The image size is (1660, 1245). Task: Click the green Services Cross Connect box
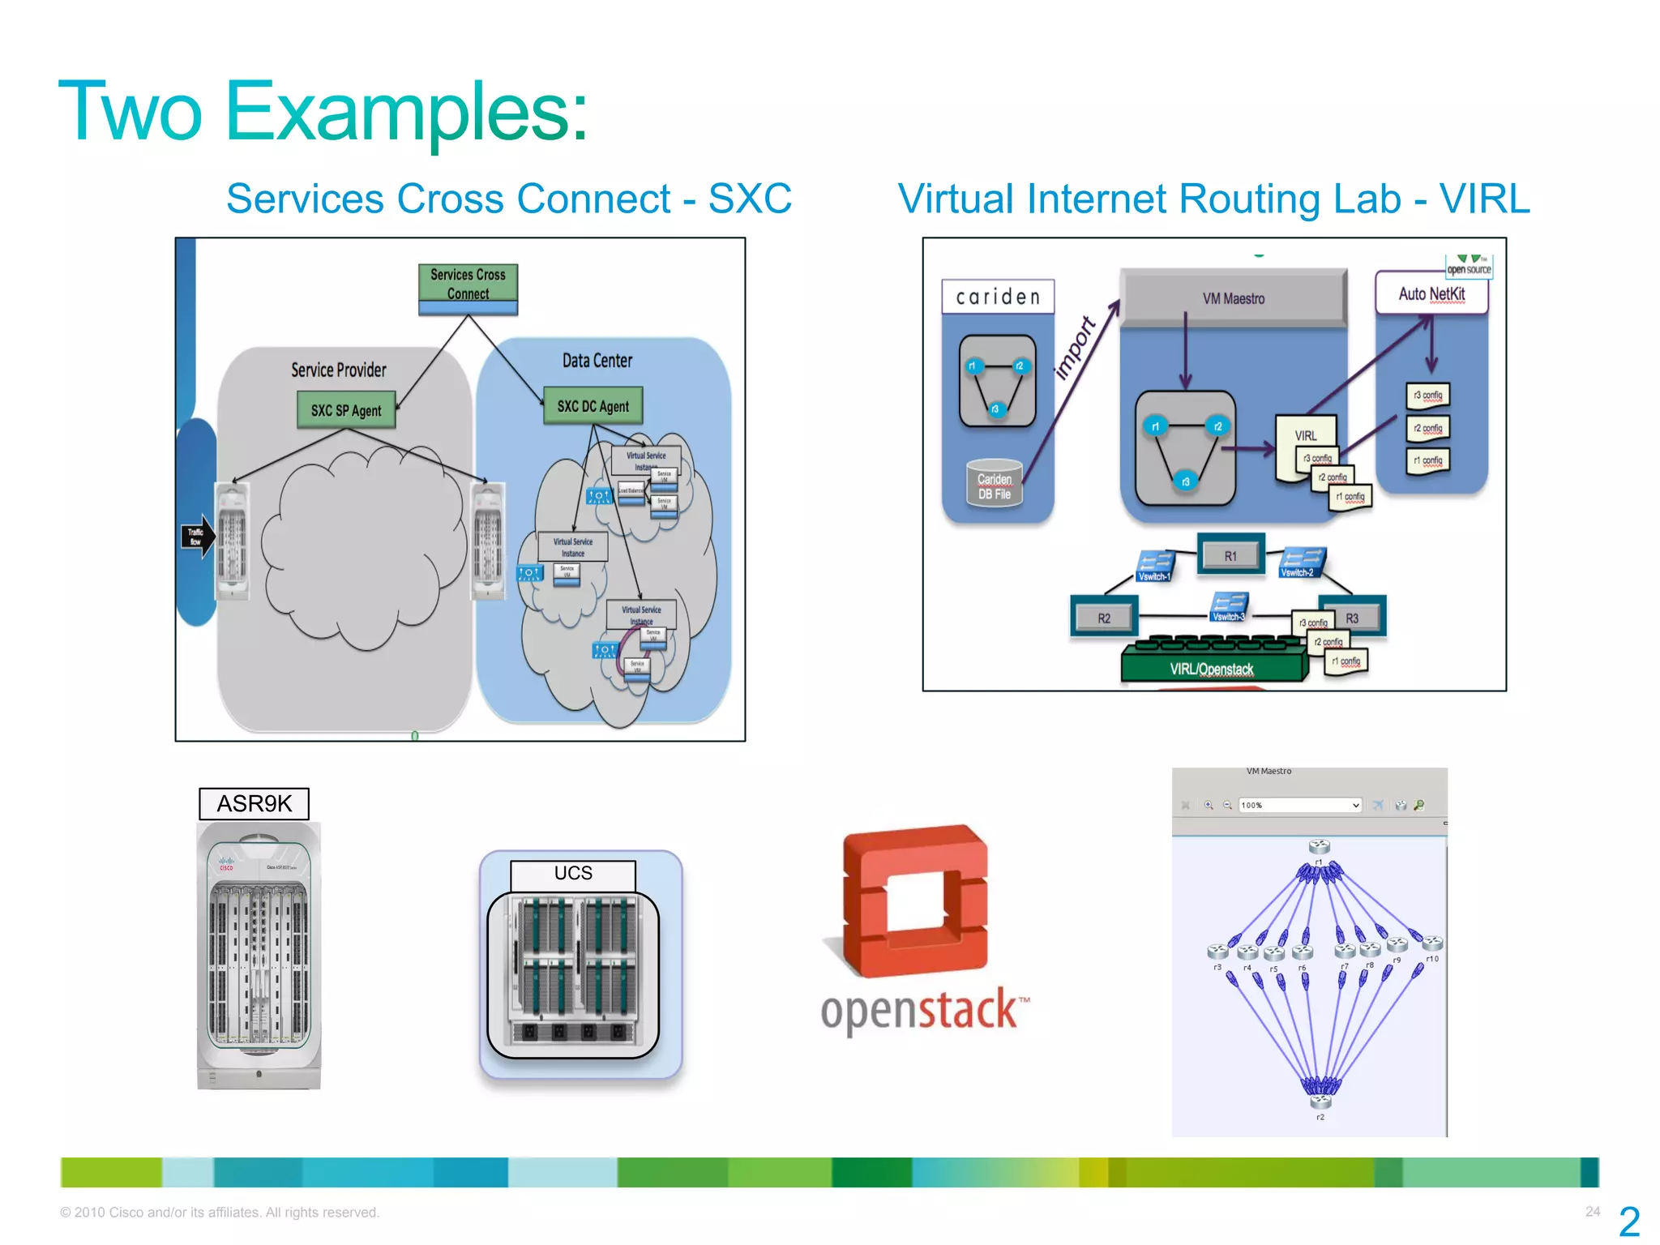468,289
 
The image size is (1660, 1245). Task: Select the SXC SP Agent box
346,410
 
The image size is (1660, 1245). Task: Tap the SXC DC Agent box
593,406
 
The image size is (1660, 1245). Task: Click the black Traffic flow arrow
197,537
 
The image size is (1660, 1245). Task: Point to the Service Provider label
339,370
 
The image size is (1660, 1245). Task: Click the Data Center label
597,361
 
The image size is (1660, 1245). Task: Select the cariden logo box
998,297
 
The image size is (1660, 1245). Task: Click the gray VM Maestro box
1233,298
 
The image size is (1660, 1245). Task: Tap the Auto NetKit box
1431,294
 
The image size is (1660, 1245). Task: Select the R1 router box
1230,555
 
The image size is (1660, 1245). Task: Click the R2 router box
1104,618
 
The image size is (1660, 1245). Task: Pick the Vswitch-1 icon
1154,566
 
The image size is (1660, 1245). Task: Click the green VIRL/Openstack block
1212,668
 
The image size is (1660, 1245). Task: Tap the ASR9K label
255,803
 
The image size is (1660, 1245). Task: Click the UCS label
573,873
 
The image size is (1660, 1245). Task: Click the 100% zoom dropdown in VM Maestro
1299,805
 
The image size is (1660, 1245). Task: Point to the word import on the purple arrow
1075,349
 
